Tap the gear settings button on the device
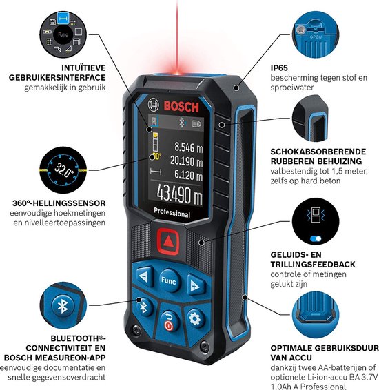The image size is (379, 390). (194, 318)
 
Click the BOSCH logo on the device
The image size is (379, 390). (181, 105)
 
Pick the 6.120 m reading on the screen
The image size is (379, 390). (188, 174)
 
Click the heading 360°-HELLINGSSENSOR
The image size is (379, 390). (59, 203)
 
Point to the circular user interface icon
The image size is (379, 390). (64, 31)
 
